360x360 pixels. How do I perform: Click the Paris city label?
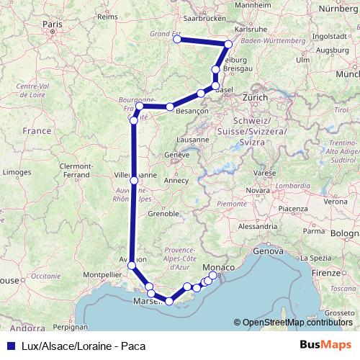click(52, 23)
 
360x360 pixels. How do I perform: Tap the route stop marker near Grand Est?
click(177, 40)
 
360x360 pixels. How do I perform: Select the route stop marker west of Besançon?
click(170, 107)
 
